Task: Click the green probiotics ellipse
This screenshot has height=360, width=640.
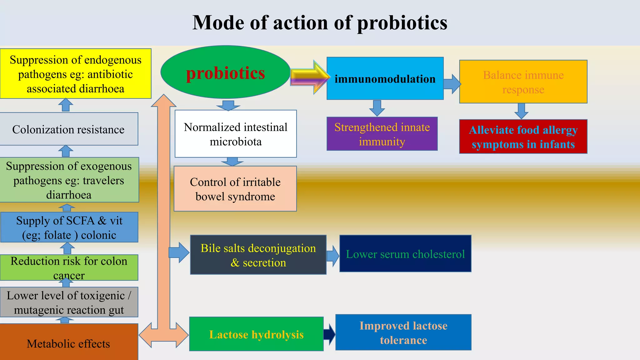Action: coord(225,72)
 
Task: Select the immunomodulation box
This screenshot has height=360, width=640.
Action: coord(385,78)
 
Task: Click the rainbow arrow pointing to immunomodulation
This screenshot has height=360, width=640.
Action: coord(309,77)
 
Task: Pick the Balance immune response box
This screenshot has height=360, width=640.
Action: coord(523,82)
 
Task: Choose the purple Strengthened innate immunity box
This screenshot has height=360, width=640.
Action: coord(382,134)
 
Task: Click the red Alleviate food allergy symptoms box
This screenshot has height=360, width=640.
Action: coord(523,137)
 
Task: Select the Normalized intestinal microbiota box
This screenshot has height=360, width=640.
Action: coord(236,134)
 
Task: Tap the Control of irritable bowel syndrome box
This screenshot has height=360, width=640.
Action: coord(235,189)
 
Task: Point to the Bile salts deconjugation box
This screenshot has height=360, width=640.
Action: coord(258,255)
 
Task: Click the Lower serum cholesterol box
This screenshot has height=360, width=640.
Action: coord(405,254)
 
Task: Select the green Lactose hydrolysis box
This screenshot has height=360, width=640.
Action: coord(256,334)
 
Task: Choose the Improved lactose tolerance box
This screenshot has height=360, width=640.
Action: coord(403,332)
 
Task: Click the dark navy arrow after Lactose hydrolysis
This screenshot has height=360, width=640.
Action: coord(329,334)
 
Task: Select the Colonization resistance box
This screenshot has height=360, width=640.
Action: coord(68,129)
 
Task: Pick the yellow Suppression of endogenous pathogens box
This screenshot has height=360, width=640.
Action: coord(75,74)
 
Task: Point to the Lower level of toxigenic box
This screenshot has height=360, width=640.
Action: coord(69,302)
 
